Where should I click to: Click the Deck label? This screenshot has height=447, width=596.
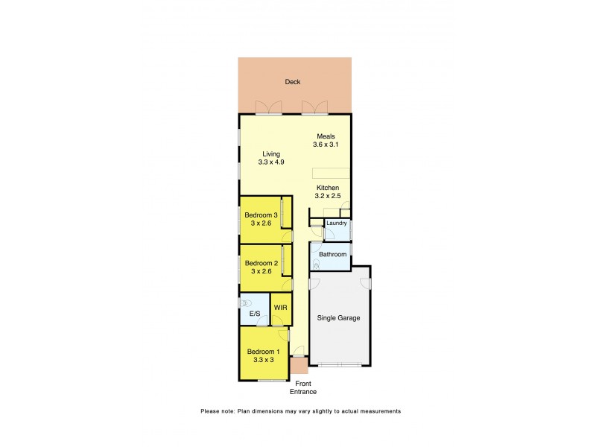293,82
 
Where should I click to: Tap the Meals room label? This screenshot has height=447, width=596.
326,136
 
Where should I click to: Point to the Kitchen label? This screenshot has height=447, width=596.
328,188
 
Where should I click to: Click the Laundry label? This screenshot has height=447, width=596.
336,223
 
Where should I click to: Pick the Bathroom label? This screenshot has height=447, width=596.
332,254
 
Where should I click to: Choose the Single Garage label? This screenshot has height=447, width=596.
339,318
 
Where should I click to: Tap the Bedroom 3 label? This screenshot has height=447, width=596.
261,216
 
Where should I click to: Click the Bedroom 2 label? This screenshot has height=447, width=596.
261,263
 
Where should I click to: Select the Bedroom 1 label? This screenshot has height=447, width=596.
263,352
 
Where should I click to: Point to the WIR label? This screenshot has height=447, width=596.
280,307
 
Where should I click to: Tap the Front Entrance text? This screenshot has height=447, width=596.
303,387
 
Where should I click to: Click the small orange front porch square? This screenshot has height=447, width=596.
299,366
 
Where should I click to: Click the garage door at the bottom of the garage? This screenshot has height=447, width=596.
340,364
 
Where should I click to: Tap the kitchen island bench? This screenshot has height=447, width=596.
329,172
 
